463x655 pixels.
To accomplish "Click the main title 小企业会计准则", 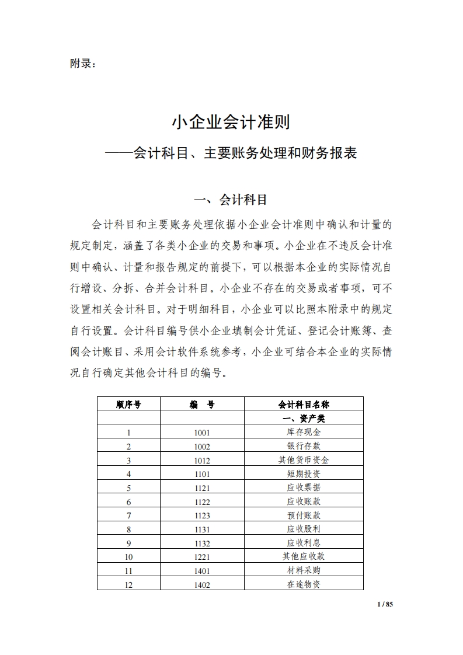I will coord(231,123).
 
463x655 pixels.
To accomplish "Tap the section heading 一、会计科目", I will coord(231,200).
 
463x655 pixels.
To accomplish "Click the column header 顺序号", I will coord(128,404).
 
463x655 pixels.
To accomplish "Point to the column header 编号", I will coord(202,404).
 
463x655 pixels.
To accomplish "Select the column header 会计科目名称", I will coord(304,404).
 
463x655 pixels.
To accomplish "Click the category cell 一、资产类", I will coord(304,419).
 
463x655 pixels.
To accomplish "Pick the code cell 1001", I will coord(202,433).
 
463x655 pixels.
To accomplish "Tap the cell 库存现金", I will coord(304,433).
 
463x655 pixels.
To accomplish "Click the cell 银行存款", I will coord(304,446).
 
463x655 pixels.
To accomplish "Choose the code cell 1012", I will coord(202,460).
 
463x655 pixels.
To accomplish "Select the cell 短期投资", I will coord(304,473).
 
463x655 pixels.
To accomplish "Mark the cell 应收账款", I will coord(304,501).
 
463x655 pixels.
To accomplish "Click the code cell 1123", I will coord(202,515).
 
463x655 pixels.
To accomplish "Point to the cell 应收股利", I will coord(304,529).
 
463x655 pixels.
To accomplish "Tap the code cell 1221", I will coord(202,557).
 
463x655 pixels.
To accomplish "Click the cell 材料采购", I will coord(304,570).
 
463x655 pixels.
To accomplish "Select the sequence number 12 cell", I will coord(128,584).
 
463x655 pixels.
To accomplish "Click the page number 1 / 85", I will coord(385,604).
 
